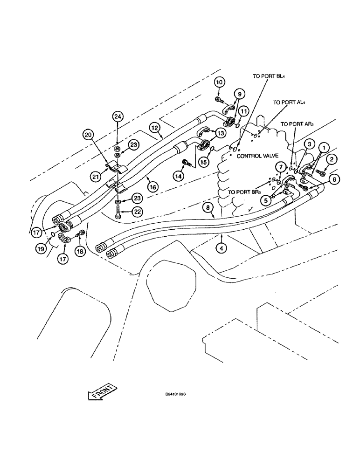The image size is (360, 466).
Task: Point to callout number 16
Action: coord(152,186)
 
